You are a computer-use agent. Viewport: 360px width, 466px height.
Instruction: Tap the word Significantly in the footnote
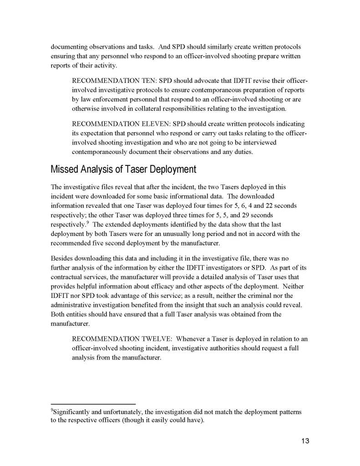click(x=71, y=412)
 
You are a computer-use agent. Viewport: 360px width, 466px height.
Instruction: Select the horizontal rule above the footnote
click(x=93, y=404)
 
